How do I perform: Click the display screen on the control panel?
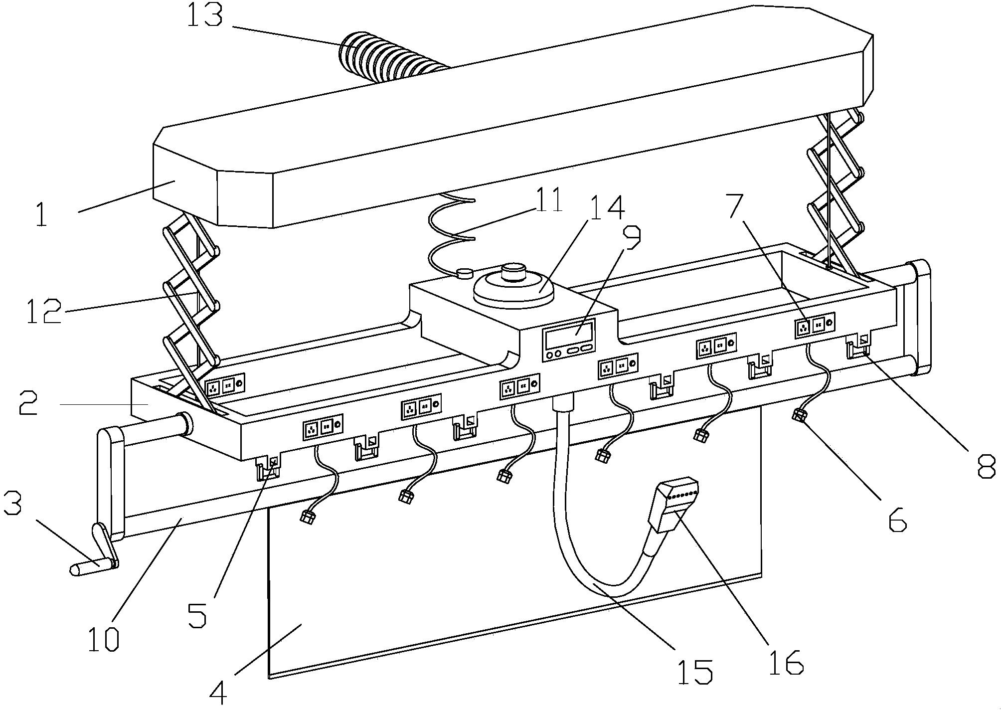pyautogui.click(x=570, y=335)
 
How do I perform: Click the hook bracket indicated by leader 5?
pyautogui.click(x=268, y=467)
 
